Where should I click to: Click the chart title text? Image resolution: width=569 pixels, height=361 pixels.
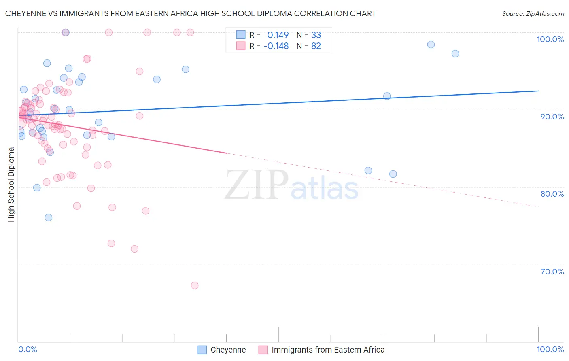point(190,13)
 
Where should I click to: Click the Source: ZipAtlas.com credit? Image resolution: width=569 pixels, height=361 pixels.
point(533,13)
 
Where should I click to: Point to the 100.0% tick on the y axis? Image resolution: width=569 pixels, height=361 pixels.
point(550,39)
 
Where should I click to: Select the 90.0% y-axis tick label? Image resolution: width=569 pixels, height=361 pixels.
point(552,117)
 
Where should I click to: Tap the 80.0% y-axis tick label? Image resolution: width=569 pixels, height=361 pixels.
point(552,194)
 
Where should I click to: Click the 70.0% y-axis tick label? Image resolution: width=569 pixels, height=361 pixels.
point(552,272)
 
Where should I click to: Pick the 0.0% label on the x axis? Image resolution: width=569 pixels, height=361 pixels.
point(28,349)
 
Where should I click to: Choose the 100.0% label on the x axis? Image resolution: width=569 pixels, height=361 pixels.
point(550,349)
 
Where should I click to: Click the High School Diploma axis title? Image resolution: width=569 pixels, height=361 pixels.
point(11,184)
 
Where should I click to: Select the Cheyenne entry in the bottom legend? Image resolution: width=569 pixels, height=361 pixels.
point(228,350)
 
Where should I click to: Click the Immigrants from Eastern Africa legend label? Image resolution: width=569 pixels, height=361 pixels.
point(328,350)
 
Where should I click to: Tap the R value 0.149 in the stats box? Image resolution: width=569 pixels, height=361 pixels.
point(278,35)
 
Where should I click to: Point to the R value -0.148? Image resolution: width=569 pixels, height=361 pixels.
point(276,46)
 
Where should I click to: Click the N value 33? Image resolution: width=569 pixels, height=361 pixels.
point(316,35)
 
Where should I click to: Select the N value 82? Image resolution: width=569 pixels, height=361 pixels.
point(316,46)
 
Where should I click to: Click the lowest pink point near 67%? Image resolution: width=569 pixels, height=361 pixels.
point(195,285)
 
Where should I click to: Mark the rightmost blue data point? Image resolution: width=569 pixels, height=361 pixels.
point(455,53)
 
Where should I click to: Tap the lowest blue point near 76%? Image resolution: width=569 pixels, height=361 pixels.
point(49,217)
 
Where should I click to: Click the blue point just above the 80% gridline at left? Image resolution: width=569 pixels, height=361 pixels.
point(37,187)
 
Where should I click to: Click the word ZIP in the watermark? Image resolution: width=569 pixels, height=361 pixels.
point(257,185)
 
